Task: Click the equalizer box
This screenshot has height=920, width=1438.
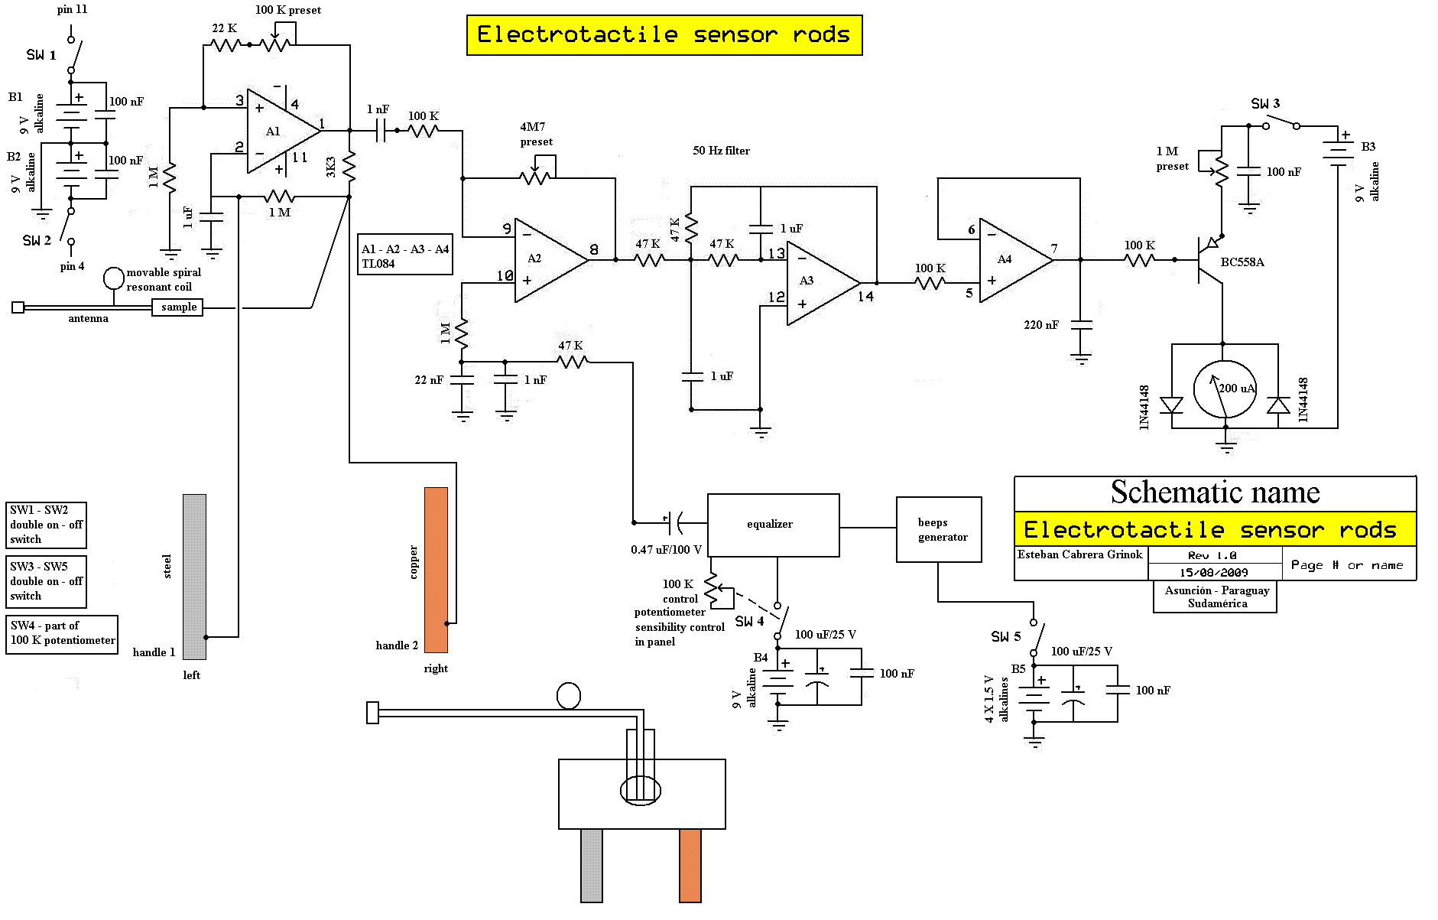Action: [x=773, y=525]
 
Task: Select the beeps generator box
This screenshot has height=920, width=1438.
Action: [x=939, y=529]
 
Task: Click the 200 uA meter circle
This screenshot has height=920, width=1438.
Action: [x=1225, y=390]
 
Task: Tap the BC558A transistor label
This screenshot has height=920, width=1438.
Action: [x=1242, y=262]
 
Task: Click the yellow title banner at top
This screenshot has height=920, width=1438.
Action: [x=664, y=35]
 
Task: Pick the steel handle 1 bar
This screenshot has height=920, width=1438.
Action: [x=194, y=577]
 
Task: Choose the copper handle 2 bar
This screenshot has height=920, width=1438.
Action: [x=436, y=570]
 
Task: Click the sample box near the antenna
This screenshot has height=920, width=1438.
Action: [x=177, y=307]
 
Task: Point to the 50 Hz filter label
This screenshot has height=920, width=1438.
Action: [x=721, y=151]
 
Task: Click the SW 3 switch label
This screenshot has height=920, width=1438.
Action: [x=1265, y=103]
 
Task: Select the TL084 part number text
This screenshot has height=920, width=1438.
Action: [x=378, y=264]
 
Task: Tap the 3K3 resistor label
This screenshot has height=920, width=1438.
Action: [x=331, y=167]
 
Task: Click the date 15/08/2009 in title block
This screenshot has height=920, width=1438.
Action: [x=1213, y=572]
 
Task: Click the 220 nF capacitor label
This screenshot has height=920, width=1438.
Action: [x=1041, y=325]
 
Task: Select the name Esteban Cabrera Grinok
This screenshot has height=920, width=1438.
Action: [x=1079, y=554]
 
